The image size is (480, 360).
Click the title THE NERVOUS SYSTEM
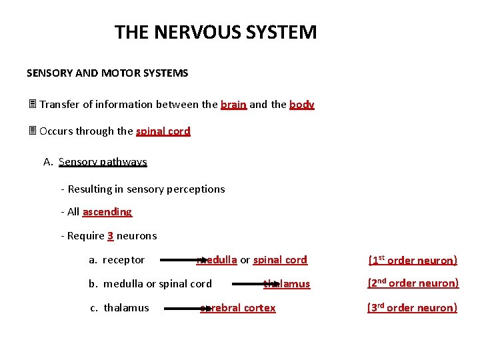pyautogui.click(x=215, y=32)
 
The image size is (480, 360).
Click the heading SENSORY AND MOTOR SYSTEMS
pyautogui.click(x=107, y=73)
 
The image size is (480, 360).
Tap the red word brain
pyautogui.click(x=233, y=105)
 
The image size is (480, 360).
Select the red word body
pyautogui.click(x=302, y=105)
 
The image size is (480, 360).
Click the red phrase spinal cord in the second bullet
pyautogui.click(x=163, y=131)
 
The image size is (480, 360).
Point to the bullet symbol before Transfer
pyautogui.click(x=31, y=105)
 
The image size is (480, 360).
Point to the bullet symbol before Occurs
pyautogui.click(x=31, y=131)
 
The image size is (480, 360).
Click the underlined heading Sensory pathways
pyautogui.click(x=103, y=162)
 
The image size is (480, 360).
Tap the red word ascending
pyautogui.click(x=107, y=212)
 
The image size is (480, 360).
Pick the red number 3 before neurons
pyautogui.click(x=110, y=236)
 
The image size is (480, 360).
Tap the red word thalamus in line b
pyautogui.click(x=288, y=284)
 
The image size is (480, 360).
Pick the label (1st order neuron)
pyautogui.click(x=413, y=260)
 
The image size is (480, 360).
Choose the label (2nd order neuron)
pyautogui.click(x=413, y=283)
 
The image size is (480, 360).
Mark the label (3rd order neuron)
pyautogui.click(x=413, y=308)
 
